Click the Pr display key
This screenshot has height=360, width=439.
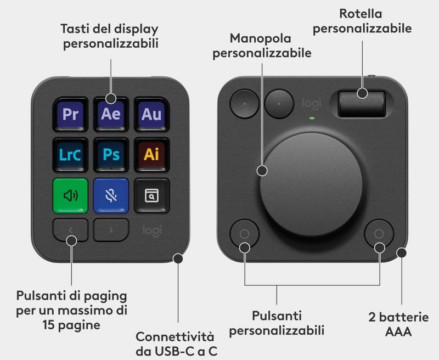pos(70,114)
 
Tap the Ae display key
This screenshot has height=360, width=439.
pos(111,114)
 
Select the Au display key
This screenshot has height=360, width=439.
pos(152,114)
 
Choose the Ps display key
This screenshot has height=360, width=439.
pos(111,155)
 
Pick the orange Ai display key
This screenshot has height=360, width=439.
pos(152,155)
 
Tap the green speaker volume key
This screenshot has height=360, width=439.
pos(71,195)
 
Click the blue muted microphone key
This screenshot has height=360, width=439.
pos(111,195)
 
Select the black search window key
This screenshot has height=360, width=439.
pos(152,195)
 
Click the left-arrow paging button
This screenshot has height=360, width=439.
pos(71,230)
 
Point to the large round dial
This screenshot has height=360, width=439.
pos(311,184)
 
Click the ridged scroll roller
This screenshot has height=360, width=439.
pos(362,104)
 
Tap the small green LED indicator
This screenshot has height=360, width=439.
pos(312,118)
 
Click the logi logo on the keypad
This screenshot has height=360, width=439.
pos(152,231)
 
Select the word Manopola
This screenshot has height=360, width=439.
pos(260,38)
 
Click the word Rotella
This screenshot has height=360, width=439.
pos(361,14)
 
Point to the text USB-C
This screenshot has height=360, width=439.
pos(173,351)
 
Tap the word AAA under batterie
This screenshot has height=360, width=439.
pos(398,331)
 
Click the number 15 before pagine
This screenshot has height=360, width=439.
pos(49,325)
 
